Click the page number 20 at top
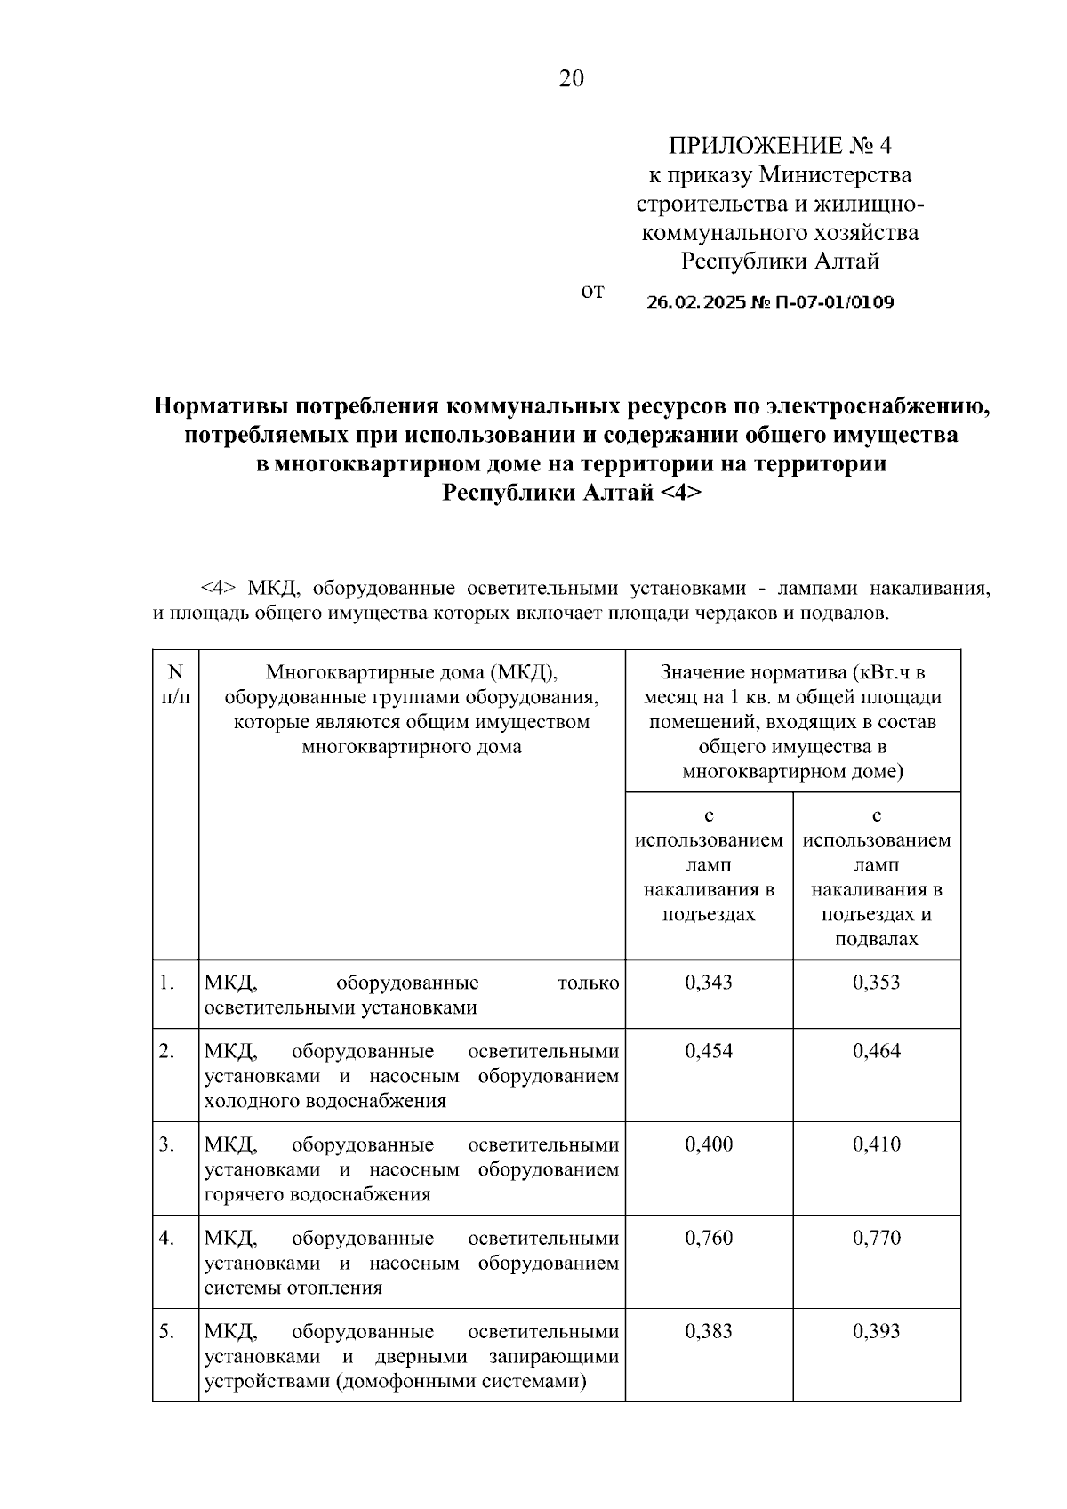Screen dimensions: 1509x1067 (572, 79)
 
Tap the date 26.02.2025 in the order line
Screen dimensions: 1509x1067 (698, 302)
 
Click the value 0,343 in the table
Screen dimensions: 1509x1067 (709, 983)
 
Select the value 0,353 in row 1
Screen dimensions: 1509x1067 (877, 983)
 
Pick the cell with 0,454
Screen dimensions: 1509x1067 (709, 1051)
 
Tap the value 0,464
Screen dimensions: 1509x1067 (877, 1051)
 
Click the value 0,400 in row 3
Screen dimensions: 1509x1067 (709, 1144)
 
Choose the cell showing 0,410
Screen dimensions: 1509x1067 (877, 1144)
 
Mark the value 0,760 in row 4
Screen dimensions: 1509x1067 (709, 1238)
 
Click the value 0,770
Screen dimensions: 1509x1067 (877, 1238)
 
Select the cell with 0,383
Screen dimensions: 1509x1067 (709, 1331)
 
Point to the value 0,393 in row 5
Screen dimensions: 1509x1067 (877, 1331)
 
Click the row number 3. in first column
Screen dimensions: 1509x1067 (167, 1144)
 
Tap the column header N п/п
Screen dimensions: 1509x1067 (175, 685)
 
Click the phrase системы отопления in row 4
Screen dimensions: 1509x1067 (293, 1288)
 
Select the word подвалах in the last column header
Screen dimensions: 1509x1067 (877, 939)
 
